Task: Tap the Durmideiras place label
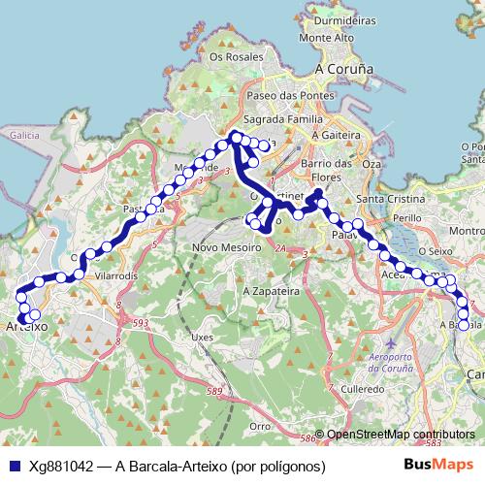(345, 18)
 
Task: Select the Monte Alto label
(327, 38)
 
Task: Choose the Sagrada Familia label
(282, 118)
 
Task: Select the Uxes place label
(202, 337)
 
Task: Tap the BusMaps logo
(438, 466)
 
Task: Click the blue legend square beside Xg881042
(12, 466)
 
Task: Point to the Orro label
(259, 426)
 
